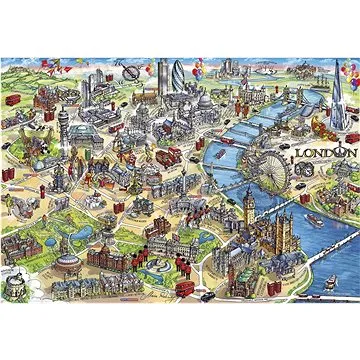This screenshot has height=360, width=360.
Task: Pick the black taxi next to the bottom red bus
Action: tap(205, 295)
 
